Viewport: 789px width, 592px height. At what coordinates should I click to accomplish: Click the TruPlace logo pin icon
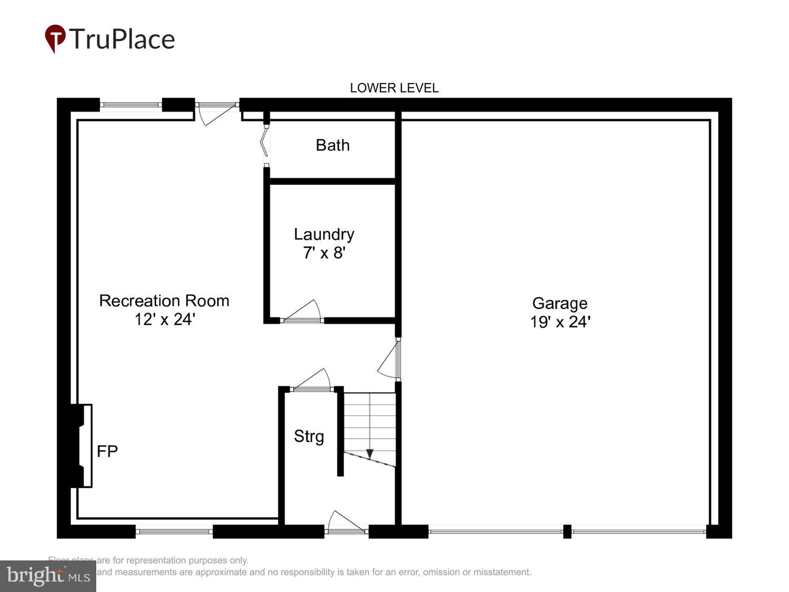pyautogui.click(x=55, y=38)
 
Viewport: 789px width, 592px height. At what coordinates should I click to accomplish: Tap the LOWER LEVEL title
pyautogui.click(x=394, y=88)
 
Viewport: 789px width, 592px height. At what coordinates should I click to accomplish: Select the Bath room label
pyautogui.click(x=332, y=145)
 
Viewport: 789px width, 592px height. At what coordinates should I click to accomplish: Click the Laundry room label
pyautogui.click(x=324, y=234)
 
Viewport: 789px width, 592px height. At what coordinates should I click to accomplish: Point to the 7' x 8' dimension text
pyautogui.click(x=324, y=253)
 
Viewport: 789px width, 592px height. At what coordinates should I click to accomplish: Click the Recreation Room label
pyautogui.click(x=164, y=300)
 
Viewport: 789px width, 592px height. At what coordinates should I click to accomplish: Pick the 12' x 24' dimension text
pyautogui.click(x=165, y=319)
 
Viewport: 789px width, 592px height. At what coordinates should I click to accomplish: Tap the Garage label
pyautogui.click(x=560, y=303)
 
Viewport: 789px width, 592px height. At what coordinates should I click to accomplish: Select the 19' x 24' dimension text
pyautogui.click(x=560, y=322)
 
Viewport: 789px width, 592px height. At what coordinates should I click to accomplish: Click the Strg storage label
pyautogui.click(x=309, y=436)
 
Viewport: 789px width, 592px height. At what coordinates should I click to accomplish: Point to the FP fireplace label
pyautogui.click(x=107, y=451)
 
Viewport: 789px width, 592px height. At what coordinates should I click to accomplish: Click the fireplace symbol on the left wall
pyautogui.click(x=81, y=445)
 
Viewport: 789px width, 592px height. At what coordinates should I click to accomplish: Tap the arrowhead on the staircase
pyautogui.click(x=370, y=454)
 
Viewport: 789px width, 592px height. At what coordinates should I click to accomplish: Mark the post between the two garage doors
pyautogui.click(x=567, y=531)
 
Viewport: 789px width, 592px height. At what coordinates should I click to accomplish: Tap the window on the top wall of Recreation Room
pyautogui.click(x=130, y=105)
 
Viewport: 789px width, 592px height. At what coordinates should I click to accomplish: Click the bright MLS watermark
pyautogui.click(x=48, y=576)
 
